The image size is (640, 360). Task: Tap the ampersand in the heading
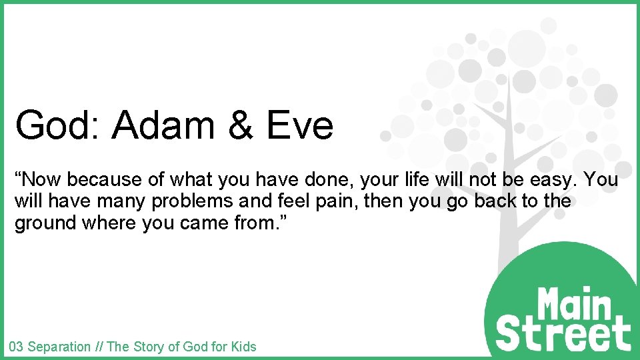[241, 125]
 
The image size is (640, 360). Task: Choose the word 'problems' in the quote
[187, 201]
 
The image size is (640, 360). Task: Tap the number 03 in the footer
[16, 347]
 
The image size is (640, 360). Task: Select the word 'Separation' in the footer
[59, 347]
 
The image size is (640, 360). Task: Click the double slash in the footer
[98, 347]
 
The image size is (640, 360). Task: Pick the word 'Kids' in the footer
[243, 347]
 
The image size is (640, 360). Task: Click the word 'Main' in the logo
[574, 304]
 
